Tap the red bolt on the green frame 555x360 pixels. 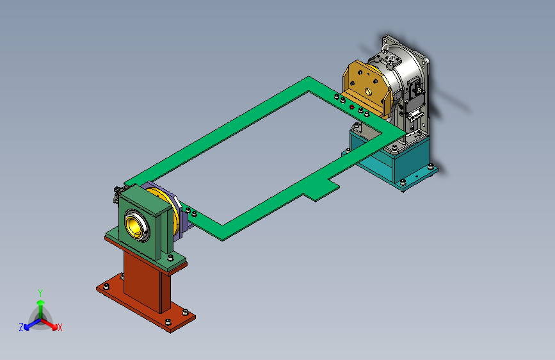[351, 107]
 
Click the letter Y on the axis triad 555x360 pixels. [40, 293]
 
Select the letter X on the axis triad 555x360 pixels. [60, 327]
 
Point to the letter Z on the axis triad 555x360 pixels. [21, 327]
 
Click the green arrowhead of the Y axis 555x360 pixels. [41, 302]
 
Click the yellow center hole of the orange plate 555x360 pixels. [369, 92]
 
